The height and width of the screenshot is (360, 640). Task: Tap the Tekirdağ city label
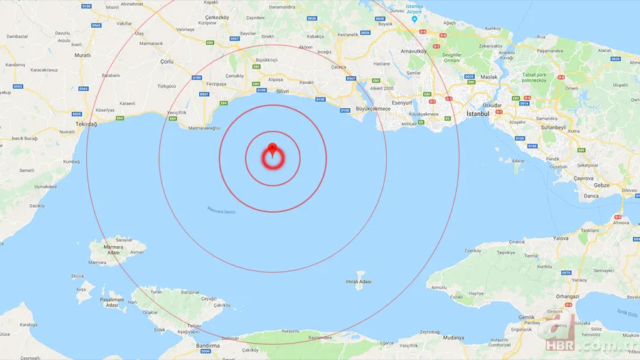[85, 132]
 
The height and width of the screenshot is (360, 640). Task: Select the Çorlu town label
[167, 63]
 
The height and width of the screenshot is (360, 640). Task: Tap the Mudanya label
[452, 339]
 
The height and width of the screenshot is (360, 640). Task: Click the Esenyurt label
[402, 102]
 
